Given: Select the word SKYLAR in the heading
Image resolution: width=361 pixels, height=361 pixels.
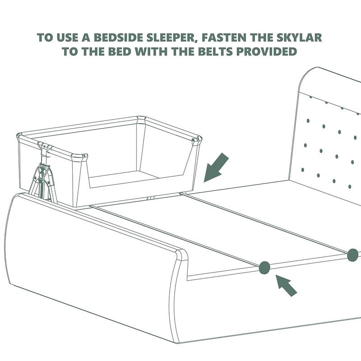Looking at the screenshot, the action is (299, 37).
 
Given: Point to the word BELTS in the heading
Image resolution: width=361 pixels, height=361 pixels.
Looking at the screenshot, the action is (215, 51).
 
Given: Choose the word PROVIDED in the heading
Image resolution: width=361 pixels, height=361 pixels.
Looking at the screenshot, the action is (266, 51).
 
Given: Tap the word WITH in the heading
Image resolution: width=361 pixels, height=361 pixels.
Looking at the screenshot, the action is (151, 51).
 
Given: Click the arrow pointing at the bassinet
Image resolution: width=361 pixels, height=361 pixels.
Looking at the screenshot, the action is (216, 167).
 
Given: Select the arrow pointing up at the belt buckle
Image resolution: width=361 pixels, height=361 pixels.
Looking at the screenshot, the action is (286, 285).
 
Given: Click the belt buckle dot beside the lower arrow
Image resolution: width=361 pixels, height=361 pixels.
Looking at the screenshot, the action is (264, 268).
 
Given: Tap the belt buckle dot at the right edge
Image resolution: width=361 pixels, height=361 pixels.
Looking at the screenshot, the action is (352, 255).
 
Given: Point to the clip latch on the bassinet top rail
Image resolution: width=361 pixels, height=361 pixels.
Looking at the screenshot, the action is (44, 148).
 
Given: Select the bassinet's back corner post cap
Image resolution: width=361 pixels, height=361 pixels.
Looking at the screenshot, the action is (141, 120).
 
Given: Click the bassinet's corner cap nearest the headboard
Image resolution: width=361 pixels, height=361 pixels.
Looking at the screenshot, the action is (197, 139).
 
